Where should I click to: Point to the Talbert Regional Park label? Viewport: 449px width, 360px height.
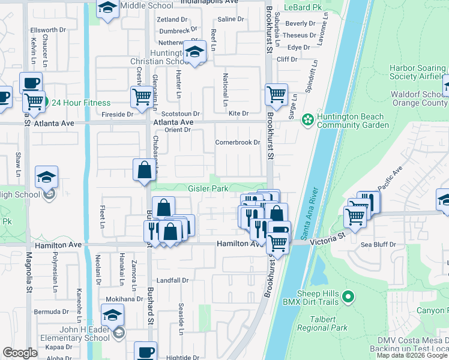(x=322, y=324)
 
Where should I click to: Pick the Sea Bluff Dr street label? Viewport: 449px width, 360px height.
(x=378, y=245)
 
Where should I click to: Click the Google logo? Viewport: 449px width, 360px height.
(x=20, y=353)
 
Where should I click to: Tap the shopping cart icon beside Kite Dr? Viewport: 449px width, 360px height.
(x=276, y=94)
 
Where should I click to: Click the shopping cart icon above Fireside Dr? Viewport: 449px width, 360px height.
(x=142, y=96)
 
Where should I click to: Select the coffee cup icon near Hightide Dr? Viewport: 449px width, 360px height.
(x=145, y=351)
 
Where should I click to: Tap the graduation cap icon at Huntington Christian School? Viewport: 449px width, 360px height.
(x=195, y=52)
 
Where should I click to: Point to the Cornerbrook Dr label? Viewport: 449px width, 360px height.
(x=238, y=143)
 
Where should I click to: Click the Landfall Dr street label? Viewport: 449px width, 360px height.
(x=173, y=280)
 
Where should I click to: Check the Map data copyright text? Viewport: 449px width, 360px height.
(x=412, y=355)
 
